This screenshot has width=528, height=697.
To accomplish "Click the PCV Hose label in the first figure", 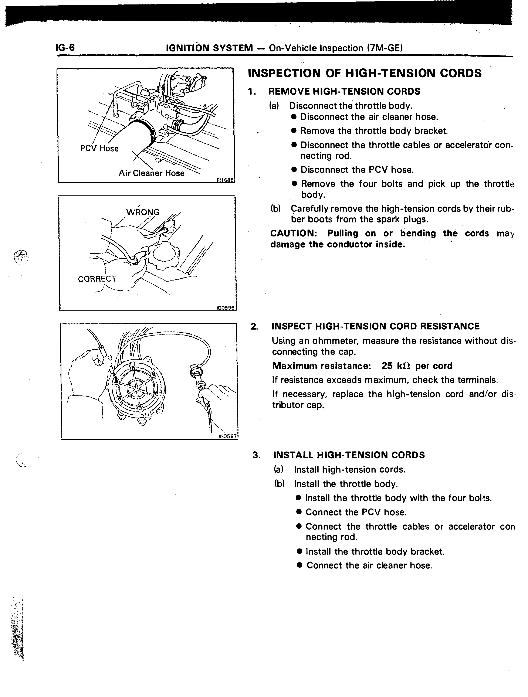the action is click(x=99, y=148).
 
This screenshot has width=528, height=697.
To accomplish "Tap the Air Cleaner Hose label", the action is click(x=151, y=173).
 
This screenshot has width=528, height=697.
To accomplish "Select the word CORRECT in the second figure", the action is click(x=97, y=279).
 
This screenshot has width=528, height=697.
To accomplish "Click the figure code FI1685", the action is click(x=225, y=180).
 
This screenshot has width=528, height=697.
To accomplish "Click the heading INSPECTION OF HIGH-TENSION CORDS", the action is click(x=365, y=73).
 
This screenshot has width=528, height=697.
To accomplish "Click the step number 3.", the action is click(x=256, y=455).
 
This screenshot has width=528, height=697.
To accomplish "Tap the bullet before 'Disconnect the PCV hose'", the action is click(x=294, y=170).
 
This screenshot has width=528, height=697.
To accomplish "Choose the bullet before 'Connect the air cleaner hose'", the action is click(x=300, y=565).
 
